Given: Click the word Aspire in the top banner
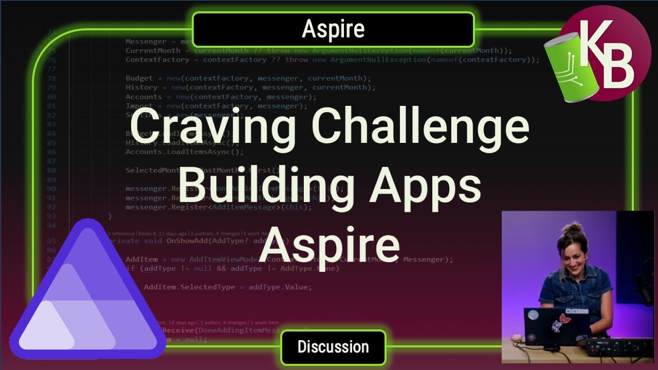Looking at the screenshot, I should (333, 29).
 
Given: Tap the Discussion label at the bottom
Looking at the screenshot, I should (333, 347).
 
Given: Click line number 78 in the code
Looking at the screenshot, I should (51, 78).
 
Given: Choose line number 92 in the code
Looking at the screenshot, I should (51, 207).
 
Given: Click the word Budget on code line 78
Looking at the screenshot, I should (139, 78).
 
